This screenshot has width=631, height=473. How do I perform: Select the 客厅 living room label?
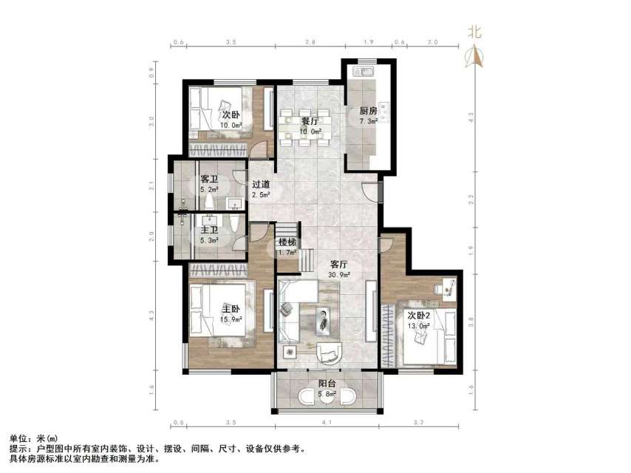[x=339, y=264]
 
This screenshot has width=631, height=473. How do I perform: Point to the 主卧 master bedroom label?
[x=231, y=309]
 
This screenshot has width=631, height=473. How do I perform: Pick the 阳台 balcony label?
[x=328, y=384]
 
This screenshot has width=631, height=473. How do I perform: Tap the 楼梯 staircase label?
[x=287, y=242]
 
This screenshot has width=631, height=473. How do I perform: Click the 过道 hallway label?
[x=260, y=185]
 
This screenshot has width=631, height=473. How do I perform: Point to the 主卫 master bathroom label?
[x=209, y=229]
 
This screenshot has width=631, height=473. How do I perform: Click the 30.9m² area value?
[x=339, y=274]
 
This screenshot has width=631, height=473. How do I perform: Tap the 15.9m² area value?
[x=231, y=319]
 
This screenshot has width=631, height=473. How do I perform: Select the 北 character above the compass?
[x=475, y=32]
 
